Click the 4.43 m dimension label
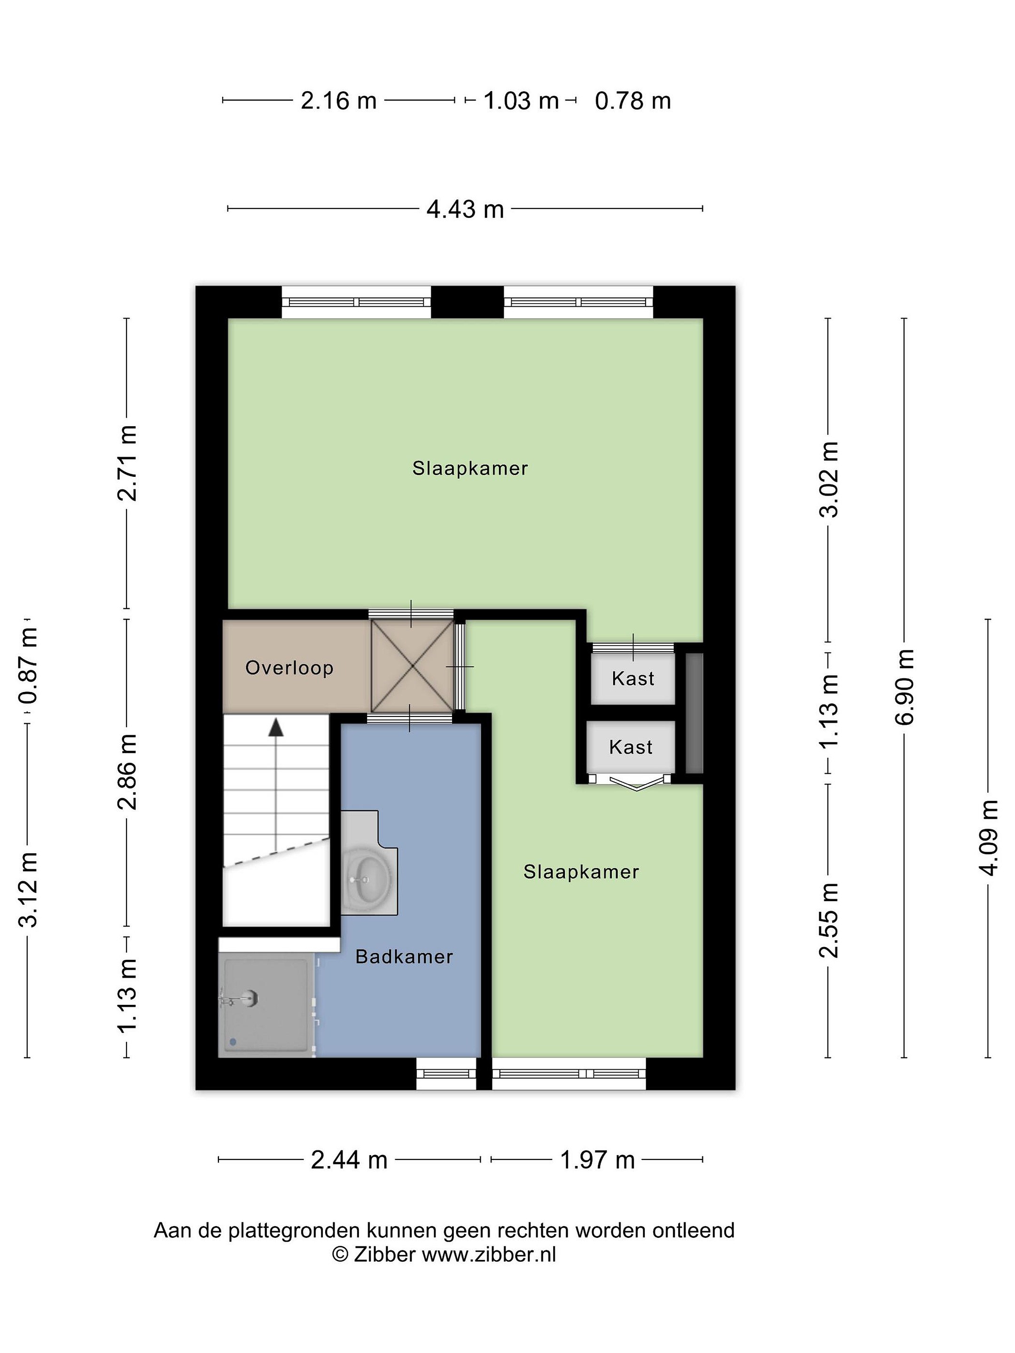coord(465,209)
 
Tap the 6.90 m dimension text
coord(904,687)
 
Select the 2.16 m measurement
coord(338,101)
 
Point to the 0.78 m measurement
coord(632,101)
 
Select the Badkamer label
coord(404,956)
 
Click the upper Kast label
coord(632,678)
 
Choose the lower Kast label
coord(631,747)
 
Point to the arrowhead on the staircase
coord(276,727)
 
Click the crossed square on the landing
coord(413,666)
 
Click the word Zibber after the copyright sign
coord(385,1254)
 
